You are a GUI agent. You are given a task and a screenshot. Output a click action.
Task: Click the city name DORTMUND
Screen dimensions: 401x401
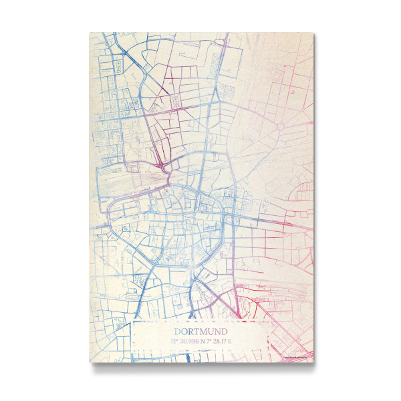[200, 331]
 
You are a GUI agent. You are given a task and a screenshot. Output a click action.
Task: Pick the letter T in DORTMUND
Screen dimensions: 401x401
[196, 331]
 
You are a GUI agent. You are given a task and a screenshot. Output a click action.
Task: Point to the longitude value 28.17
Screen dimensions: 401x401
[221, 341]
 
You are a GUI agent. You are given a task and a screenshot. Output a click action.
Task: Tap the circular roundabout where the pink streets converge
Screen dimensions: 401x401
[281, 126]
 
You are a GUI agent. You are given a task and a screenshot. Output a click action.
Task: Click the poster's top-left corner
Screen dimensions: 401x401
[90, 33]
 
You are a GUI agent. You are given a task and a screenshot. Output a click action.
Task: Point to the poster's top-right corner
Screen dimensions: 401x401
[313, 33]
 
